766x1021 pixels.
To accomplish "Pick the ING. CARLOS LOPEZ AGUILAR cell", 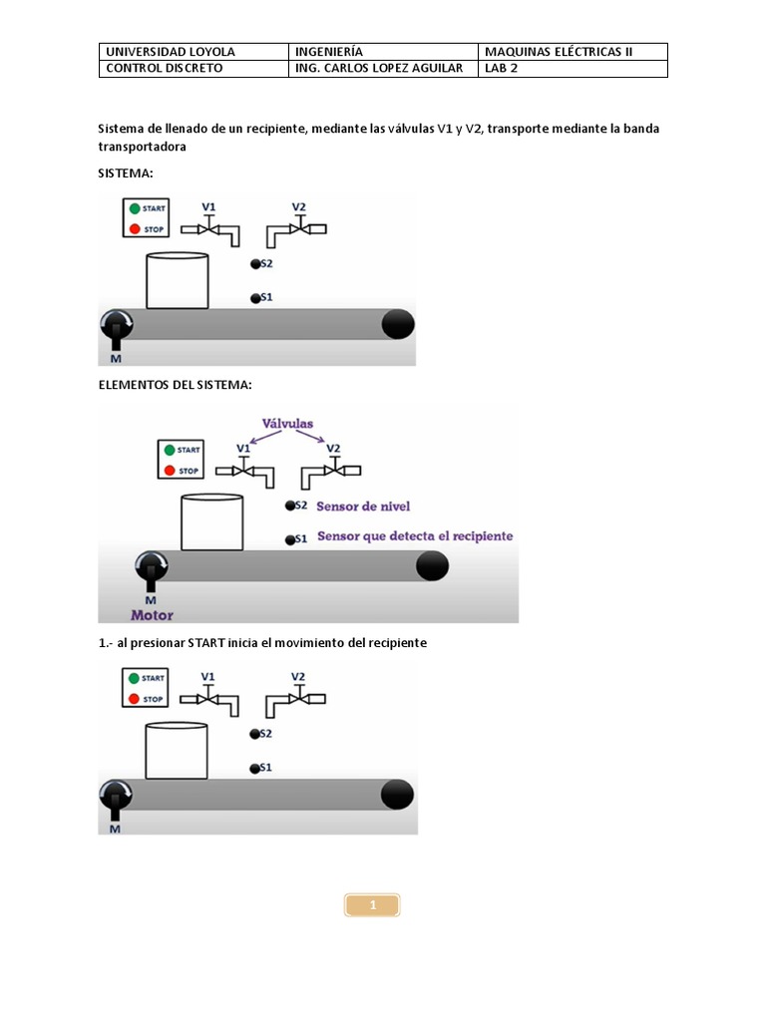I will [380, 69].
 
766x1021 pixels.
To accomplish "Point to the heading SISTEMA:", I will [126, 172].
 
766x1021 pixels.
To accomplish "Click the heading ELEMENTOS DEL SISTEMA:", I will [168, 385].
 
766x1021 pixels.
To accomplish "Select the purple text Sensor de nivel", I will [363, 506].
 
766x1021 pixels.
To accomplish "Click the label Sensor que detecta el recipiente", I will [415, 536].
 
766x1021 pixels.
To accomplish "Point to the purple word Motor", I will [153, 615].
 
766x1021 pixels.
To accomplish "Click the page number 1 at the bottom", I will [372, 905].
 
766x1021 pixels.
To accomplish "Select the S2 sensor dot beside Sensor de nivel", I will [289, 507].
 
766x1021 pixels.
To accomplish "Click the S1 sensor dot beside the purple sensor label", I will [289, 539].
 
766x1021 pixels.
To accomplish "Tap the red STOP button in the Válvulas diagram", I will [169, 470].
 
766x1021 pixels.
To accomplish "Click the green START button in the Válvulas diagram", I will [169, 450].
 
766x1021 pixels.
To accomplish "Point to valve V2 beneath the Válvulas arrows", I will [335, 468].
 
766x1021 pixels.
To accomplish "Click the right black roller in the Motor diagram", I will [431, 565].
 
